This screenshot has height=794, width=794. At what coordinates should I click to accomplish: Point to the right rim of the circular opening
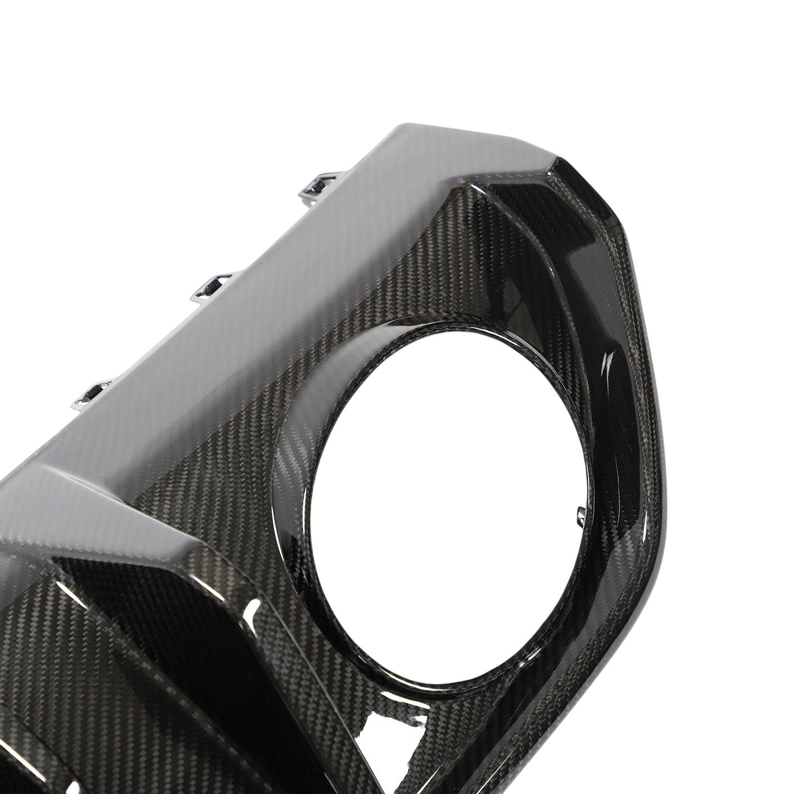(591, 467)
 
